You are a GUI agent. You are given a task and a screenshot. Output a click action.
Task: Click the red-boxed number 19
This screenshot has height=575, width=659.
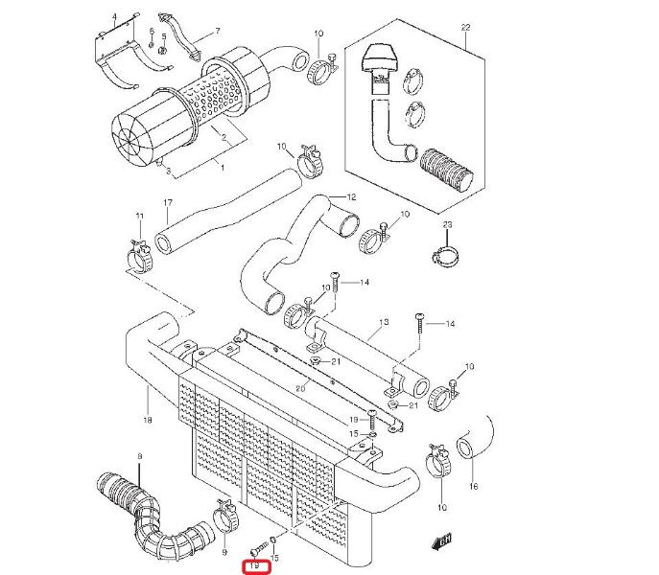click(x=255, y=565)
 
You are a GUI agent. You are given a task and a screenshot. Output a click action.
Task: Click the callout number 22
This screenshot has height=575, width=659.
click(x=465, y=27)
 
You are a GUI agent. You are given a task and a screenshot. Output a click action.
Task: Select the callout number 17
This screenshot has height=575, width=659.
click(x=168, y=203)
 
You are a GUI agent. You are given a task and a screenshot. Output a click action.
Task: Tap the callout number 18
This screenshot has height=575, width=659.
click(x=148, y=420)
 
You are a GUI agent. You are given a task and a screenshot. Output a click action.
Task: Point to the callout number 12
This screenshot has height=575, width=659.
click(x=351, y=197)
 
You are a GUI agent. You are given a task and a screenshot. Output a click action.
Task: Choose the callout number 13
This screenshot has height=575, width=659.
click(x=384, y=323)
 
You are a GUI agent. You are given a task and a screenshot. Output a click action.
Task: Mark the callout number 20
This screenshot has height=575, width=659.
click(x=300, y=388)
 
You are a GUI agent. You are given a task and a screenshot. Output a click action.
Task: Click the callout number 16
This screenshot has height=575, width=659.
click(x=474, y=487)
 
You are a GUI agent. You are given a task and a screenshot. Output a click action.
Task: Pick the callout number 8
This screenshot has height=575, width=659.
click(x=139, y=456)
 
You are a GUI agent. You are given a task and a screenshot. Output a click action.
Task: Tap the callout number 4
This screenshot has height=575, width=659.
click(x=114, y=17)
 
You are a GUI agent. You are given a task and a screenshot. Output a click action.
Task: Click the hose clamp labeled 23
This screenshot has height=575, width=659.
click(x=446, y=255)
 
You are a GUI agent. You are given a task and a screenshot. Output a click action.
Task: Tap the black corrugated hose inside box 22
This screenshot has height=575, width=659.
click(x=446, y=170)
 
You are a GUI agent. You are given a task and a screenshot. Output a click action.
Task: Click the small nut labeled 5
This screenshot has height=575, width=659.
click(x=163, y=51)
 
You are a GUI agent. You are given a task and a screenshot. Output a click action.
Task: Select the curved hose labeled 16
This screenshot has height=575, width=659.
click(x=474, y=438)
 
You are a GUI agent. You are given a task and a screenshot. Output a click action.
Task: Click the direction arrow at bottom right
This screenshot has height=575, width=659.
click(x=441, y=541)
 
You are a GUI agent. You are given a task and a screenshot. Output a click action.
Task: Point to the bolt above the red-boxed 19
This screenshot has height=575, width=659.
click(x=259, y=547)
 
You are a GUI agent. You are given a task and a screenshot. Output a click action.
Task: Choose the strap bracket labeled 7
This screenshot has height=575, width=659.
click(x=179, y=35)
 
